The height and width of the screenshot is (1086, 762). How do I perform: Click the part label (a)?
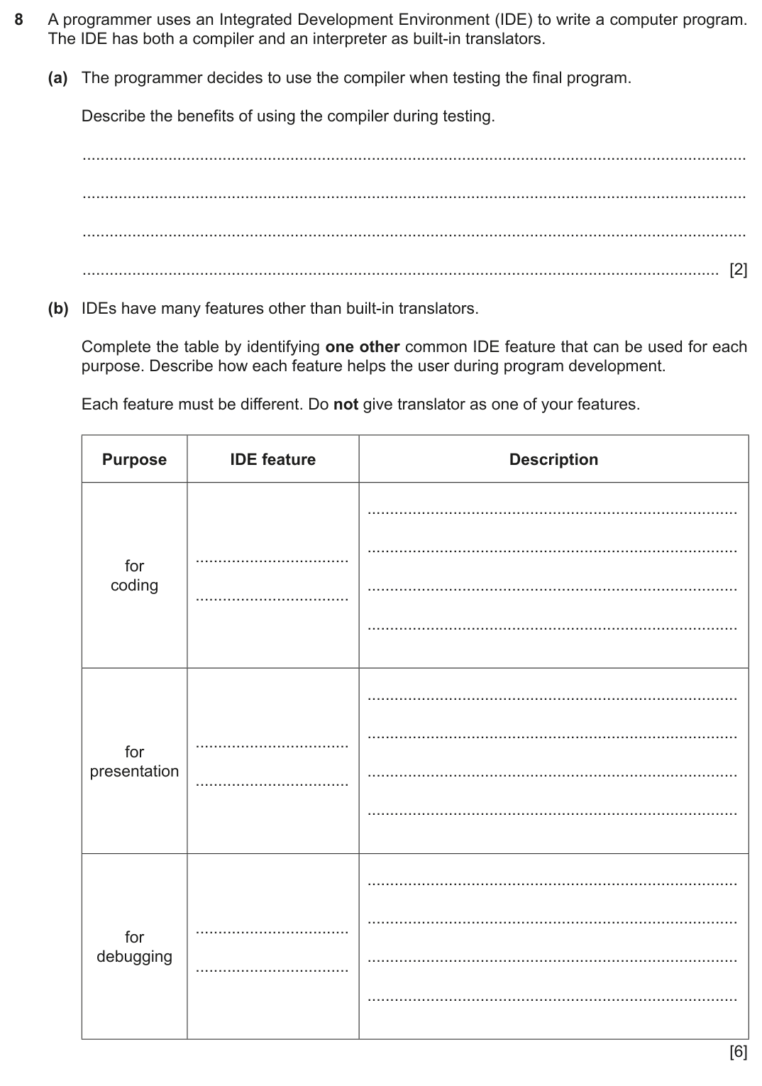pos(58,78)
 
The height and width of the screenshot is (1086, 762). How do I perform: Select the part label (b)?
pos(58,309)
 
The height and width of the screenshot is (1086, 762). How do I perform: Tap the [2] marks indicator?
pos(738,270)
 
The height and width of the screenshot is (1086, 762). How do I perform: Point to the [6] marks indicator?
pos(738,1052)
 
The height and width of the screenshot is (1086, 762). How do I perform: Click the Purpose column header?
pos(134,460)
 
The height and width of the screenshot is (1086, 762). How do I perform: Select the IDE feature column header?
pos(272,460)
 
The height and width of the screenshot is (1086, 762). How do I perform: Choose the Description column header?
pos(553,460)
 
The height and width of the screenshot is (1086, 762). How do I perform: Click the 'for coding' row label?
pos(134,576)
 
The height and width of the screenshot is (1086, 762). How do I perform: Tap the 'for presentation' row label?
pos(134,762)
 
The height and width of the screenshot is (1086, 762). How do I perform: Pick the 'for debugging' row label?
pos(134,947)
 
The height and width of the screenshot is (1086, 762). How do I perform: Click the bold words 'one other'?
pos(362,347)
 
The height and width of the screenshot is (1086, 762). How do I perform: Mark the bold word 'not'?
pos(346,405)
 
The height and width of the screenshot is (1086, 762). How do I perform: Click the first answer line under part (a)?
pos(414,158)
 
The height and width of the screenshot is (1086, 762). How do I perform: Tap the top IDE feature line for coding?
pos(272,561)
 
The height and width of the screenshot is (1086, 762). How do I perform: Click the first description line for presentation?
pos(553,698)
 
